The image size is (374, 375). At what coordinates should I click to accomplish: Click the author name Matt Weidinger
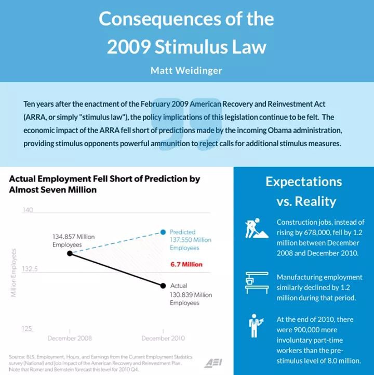186,71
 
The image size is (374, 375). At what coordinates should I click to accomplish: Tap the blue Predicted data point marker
163,231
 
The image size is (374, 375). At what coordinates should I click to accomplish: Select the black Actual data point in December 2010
163,286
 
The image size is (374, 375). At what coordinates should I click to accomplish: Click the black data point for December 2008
70,253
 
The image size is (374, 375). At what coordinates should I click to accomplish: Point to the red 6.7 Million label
186,265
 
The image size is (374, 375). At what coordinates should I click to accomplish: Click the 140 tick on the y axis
28,210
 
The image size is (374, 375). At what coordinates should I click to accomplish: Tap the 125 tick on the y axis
28,329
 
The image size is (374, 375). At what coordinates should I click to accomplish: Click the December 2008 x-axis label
70,338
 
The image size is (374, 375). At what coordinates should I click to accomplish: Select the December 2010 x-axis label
163,338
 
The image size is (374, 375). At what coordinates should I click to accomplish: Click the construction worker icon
256,227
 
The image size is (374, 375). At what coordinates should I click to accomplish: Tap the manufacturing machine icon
256,282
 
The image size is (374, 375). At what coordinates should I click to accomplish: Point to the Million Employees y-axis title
14,273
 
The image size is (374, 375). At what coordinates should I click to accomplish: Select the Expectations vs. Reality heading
304,191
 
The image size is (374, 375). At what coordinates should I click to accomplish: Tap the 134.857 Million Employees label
73,240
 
